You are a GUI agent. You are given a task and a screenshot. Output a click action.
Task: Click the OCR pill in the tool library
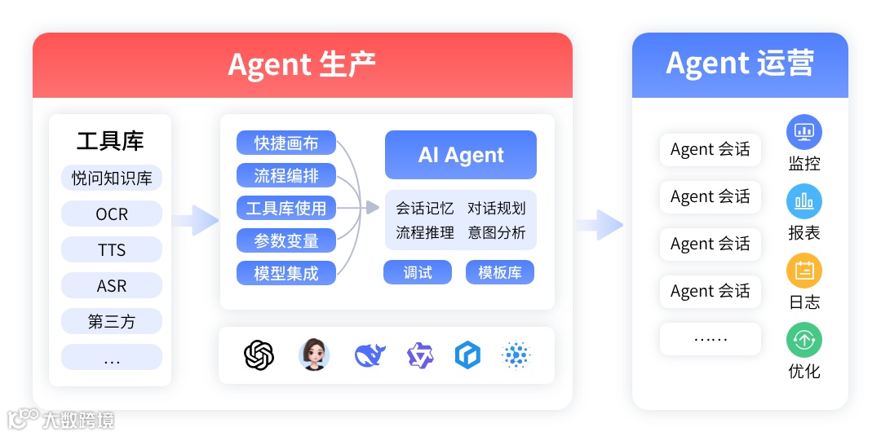(112, 214)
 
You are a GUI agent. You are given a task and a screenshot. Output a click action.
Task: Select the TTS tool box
(112, 250)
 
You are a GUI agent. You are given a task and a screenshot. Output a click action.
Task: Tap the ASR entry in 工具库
(112, 286)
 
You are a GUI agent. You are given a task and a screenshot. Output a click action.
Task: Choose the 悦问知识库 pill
(112, 178)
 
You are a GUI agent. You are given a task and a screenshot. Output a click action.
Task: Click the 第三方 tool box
(112, 322)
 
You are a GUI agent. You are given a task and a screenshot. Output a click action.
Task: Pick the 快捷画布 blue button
(286, 143)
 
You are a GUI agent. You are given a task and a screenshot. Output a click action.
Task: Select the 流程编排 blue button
(286, 175)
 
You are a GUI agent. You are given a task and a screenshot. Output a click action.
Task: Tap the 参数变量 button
(286, 240)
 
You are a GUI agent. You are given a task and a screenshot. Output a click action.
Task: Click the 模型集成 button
(286, 273)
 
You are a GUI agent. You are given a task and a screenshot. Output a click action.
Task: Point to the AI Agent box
(461, 155)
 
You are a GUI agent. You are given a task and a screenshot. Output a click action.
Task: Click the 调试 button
(418, 272)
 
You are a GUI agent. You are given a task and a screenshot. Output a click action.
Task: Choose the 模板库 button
(500, 272)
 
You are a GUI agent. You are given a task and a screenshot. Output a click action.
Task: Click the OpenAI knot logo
(259, 355)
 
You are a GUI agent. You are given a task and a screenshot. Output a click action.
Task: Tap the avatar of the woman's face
(314, 355)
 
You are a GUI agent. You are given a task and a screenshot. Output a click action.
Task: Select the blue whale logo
(369, 355)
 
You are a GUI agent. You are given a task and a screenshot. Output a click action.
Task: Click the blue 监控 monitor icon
(804, 131)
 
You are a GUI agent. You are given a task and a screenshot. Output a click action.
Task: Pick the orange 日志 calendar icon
(804, 271)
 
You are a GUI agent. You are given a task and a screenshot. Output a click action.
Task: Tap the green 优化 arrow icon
(804, 340)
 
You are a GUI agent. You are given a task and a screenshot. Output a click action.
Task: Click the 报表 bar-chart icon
(804, 200)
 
